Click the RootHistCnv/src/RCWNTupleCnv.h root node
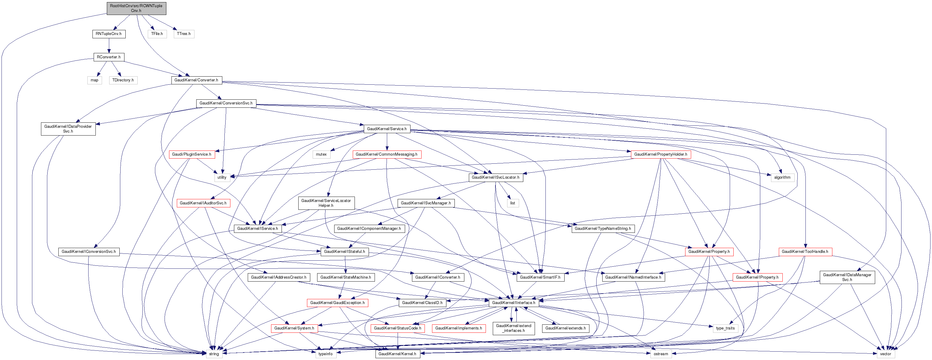point(136,8)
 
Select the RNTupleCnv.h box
point(109,34)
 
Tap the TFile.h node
point(157,34)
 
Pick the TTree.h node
point(184,34)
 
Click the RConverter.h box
point(109,57)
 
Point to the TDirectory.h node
point(123,80)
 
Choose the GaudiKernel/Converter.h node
point(196,80)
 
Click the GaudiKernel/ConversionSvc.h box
point(226,103)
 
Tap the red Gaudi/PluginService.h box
point(191,154)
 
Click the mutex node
point(321,154)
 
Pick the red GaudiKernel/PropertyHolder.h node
point(661,154)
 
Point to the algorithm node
point(782,177)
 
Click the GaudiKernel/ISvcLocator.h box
point(495,177)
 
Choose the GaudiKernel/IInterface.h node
point(513,303)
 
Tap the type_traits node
point(726,328)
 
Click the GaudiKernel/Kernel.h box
point(398,354)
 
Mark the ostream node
point(661,354)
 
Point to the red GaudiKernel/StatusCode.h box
point(397,328)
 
